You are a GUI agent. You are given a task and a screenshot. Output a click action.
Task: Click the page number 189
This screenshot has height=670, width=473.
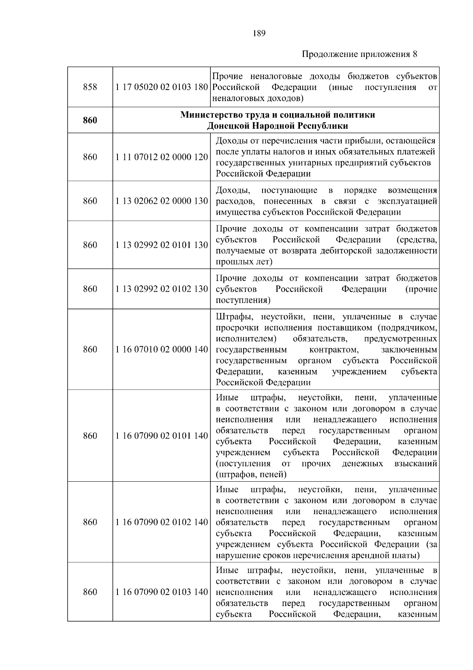(259, 33)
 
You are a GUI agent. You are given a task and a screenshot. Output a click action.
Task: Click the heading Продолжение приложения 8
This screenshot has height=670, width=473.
(359, 54)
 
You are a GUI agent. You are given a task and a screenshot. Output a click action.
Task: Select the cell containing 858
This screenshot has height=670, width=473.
(90, 87)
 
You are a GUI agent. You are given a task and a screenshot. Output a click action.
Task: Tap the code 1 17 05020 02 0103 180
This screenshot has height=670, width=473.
(162, 87)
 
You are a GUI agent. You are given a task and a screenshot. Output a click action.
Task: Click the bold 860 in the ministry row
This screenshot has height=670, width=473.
(90, 120)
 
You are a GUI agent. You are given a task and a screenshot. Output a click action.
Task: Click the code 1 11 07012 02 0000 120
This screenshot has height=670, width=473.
(162, 157)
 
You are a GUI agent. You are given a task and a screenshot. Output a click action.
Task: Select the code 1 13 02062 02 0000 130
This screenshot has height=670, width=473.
(162, 201)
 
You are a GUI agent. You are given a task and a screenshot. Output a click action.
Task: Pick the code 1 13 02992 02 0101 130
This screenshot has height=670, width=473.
(162, 245)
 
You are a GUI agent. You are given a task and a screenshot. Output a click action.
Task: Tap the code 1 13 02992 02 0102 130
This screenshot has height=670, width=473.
(162, 289)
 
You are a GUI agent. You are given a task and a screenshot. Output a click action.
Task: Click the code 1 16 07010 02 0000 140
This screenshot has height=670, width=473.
(162, 349)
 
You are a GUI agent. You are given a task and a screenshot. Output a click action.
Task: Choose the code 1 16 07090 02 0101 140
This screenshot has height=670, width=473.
(162, 436)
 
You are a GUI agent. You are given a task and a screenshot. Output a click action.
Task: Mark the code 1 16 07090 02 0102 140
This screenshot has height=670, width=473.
(162, 522)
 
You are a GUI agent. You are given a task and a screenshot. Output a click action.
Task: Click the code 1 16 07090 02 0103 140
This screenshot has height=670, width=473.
(162, 592)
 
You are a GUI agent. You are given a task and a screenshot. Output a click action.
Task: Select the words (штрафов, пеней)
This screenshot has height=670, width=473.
(251, 474)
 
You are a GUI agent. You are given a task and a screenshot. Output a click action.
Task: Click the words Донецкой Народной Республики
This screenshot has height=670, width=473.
(278, 126)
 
